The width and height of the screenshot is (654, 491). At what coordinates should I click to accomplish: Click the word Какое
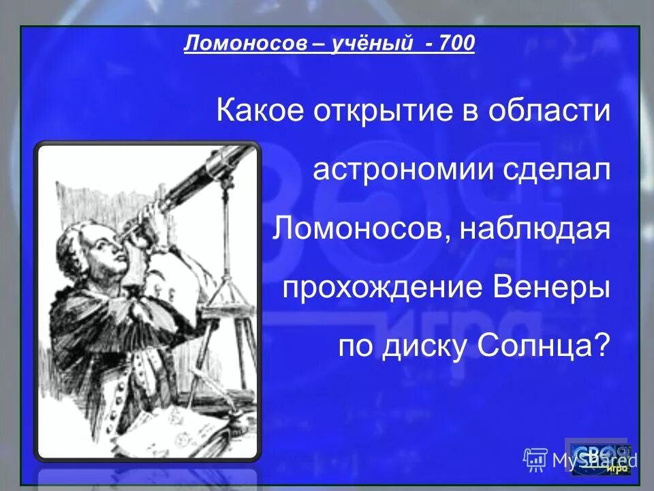click(x=258, y=110)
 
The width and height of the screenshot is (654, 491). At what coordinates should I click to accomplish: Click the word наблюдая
click(x=534, y=229)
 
